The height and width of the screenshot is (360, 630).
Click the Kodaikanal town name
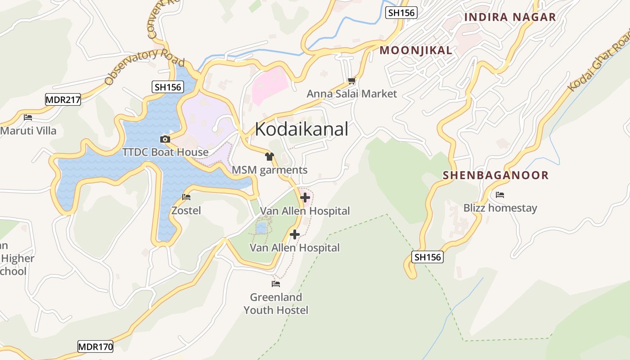(301, 129)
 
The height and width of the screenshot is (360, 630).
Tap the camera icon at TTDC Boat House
(165, 139)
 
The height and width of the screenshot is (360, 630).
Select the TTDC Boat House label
(166, 152)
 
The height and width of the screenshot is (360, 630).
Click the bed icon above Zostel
(186, 197)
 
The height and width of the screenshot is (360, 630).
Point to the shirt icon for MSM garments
(270, 157)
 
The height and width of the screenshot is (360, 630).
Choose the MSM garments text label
(270, 170)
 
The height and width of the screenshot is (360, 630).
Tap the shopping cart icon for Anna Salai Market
(351, 81)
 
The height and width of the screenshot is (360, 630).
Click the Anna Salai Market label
(351, 94)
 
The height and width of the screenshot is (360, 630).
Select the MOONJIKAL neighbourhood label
(416, 50)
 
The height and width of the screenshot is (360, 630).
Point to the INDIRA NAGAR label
(510, 17)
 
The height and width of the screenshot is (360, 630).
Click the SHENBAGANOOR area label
(495, 175)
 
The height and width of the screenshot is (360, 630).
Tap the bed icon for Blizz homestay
(499, 195)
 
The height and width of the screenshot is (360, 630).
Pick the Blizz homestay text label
(500, 208)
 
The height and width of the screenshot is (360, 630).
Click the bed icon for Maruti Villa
(28, 117)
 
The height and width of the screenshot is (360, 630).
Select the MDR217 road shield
(63, 100)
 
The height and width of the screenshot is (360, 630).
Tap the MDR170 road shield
(95, 346)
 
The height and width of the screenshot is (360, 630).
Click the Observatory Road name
(144, 66)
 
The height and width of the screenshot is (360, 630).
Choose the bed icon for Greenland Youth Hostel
(276, 284)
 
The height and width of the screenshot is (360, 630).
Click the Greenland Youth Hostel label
(276, 304)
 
